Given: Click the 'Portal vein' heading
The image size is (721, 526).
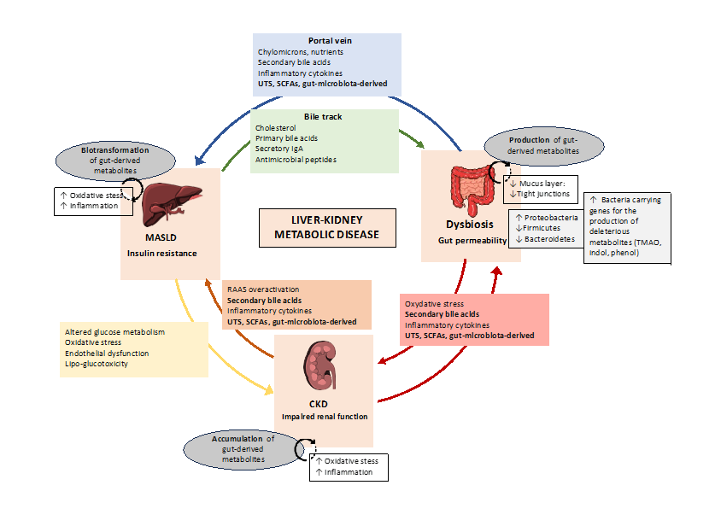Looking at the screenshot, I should [x=329, y=41].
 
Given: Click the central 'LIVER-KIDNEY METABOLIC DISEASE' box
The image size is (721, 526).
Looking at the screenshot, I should [x=328, y=227].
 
